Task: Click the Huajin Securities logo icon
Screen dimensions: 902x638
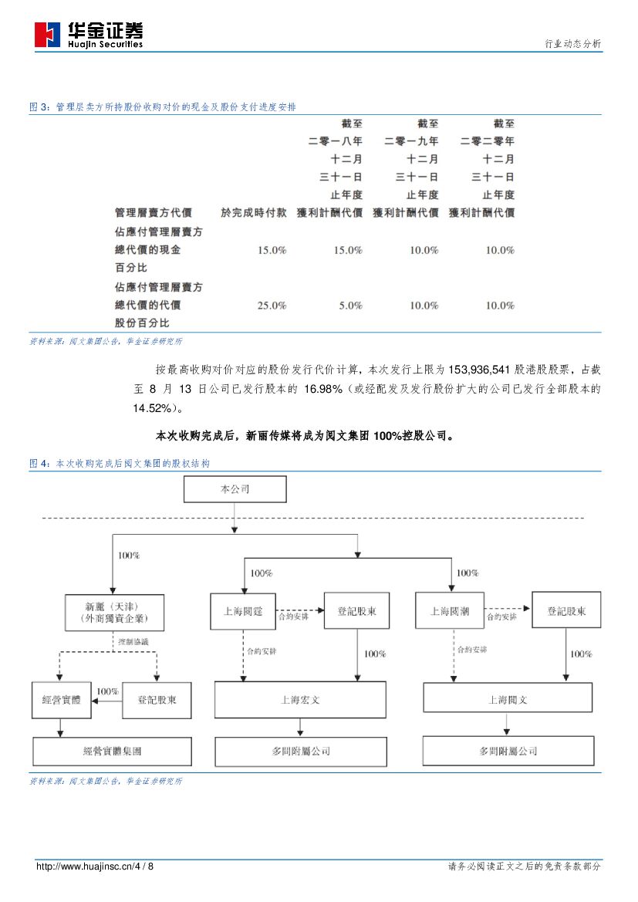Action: pos(47,35)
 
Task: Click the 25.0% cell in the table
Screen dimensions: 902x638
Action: pos(272,306)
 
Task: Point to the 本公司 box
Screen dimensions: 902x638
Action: pos(235,489)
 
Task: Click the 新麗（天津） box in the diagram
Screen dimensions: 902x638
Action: pos(113,612)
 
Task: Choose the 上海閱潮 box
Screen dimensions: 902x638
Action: pos(450,611)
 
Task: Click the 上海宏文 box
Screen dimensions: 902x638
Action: pos(299,700)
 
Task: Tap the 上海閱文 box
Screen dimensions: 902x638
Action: pos(508,700)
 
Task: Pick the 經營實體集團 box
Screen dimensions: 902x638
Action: pos(112,751)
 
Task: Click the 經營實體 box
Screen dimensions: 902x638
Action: pos(61,700)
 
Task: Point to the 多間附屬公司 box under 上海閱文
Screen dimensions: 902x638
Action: pos(508,751)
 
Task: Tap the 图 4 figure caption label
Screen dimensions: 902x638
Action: pos(39,464)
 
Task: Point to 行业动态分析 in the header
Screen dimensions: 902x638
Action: pos(572,44)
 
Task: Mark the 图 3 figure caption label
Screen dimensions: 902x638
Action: pos(39,107)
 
